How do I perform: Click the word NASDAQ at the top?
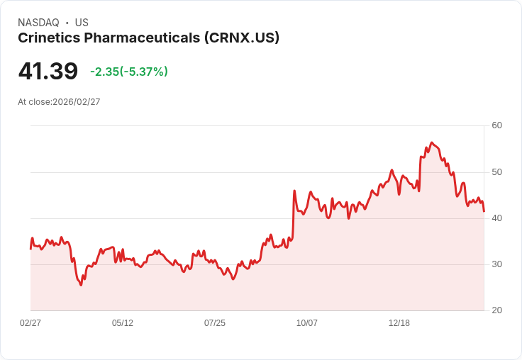pos(38,23)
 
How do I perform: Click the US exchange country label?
pos(82,23)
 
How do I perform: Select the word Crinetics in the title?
pos(48,38)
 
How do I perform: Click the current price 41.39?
pos(48,72)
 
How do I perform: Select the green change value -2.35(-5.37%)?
pos(129,72)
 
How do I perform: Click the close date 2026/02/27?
pos(76,102)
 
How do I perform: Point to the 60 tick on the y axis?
pos(497,125)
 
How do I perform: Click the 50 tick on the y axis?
pos(497,172)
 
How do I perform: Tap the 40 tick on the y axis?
pos(497,218)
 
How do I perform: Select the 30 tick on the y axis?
pos(497,264)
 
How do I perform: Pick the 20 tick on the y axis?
pos(497,310)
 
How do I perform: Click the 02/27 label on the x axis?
pos(30,323)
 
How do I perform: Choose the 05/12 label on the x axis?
pos(123,323)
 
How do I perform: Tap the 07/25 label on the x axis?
pos(215,323)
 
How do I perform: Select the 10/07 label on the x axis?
pos(307,323)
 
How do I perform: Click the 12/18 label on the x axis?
pos(399,323)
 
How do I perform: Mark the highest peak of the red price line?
pos(431,142)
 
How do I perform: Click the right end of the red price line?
pos(484,211)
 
